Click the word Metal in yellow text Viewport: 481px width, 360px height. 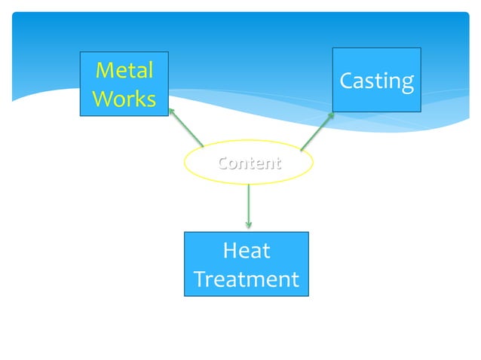tap(124, 71)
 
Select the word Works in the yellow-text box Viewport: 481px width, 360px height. tap(124, 99)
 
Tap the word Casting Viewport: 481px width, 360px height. tap(376, 81)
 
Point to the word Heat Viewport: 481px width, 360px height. tap(247, 251)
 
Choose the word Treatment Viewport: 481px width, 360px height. tap(247, 279)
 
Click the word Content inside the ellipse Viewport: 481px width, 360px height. tap(249, 163)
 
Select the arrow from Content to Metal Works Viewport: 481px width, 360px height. tap(186, 128)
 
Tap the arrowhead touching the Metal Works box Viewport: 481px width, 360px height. tap(171, 110)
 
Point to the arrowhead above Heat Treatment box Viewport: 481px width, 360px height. tap(248, 224)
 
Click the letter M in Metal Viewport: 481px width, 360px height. tap(104, 71)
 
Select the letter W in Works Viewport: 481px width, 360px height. tap(102, 99)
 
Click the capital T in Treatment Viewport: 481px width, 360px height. tap(200, 279)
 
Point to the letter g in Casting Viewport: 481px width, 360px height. tap(407, 84)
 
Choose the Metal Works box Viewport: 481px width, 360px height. tap(124, 84)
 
